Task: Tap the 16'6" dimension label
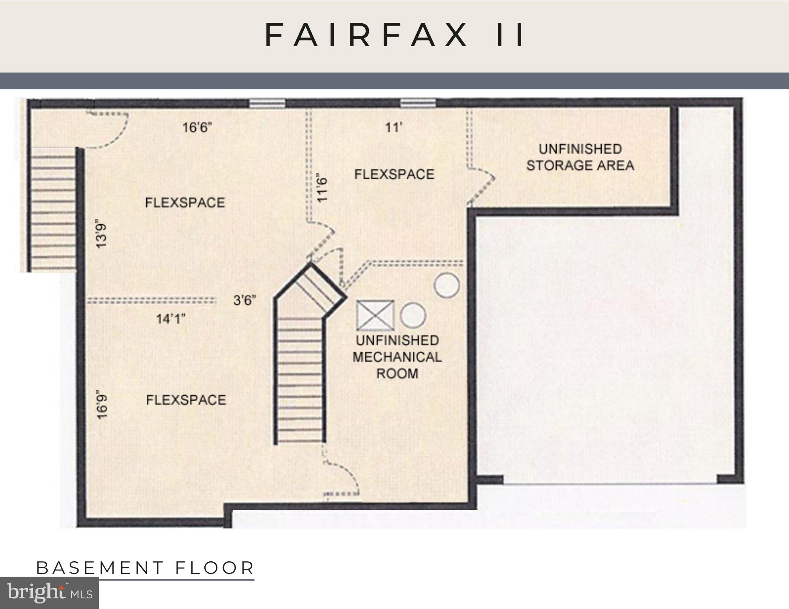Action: [197, 128]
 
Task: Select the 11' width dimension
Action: [393, 127]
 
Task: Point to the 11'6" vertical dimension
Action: [323, 190]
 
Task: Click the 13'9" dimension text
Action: [102, 236]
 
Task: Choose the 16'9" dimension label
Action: [102, 404]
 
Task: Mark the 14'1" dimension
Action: [170, 318]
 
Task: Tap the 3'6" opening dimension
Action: [245, 300]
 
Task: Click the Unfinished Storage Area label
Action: [580, 157]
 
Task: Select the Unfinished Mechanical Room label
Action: [397, 357]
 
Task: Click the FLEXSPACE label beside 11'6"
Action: [394, 174]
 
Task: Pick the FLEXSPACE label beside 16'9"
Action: [186, 400]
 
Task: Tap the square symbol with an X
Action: [375, 315]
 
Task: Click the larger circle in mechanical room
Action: [447, 285]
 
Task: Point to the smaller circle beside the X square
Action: [413, 315]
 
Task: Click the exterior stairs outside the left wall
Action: [51, 209]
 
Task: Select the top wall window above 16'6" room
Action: [267, 103]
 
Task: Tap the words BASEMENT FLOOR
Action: [145, 568]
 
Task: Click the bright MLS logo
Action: [49, 592]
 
